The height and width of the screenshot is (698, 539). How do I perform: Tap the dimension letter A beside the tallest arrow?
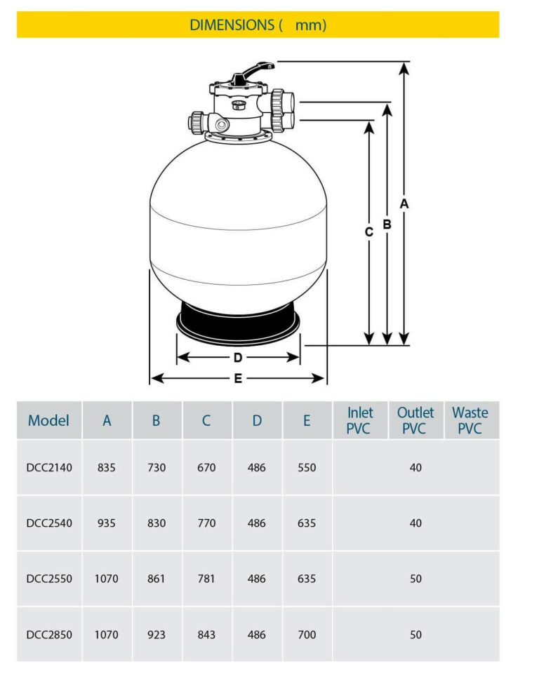click(404, 203)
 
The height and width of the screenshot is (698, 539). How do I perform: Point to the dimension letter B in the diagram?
click(386, 224)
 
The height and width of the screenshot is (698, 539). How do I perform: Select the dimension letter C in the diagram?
click(368, 232)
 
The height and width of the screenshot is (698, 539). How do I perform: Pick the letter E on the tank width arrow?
click(238, 379)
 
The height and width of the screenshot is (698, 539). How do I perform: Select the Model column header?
click(49, 421)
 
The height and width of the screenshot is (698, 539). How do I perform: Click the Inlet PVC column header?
click(359, 420)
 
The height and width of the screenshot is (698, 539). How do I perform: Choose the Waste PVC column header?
click(470, 420)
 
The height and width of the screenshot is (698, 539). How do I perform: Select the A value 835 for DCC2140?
click(107, 467)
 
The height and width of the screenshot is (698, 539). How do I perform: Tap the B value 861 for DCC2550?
click(157, 579)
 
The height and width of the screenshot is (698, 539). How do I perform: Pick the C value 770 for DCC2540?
click(206, 523)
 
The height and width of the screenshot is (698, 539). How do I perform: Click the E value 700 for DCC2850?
click(307, 635)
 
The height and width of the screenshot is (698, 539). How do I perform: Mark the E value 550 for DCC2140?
click(307, 467)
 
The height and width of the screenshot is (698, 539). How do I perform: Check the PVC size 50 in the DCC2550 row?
click(415, 579)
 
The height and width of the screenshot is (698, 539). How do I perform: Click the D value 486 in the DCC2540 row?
click(257, 523)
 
